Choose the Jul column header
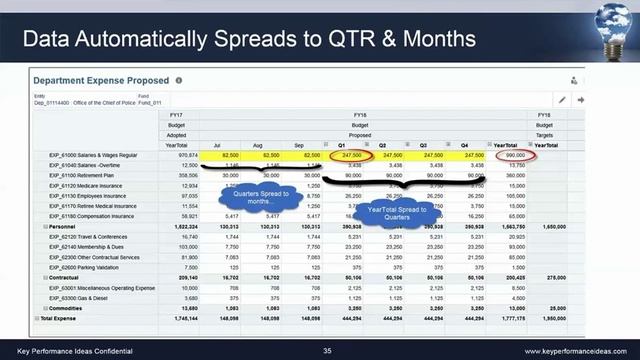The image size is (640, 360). click(231, 145)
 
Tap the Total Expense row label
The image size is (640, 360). click(57, 319)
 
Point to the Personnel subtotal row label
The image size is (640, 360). click(59, 227)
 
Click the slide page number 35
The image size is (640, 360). click(327, 351)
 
